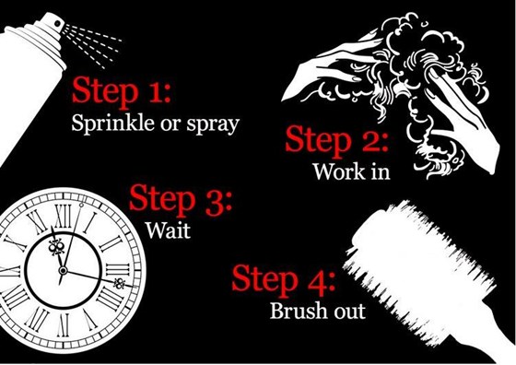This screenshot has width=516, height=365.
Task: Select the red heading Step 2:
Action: (336, 141)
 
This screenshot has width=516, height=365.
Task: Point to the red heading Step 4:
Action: (284, 280)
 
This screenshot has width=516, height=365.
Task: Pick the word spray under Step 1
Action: (213, 125)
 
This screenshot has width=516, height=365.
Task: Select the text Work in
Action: (351, 171)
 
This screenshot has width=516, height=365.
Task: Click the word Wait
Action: (168, 230)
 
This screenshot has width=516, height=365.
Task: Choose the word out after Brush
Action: (350, 312)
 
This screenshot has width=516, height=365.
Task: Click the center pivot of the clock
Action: (63, 271)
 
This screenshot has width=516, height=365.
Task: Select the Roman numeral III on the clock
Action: (118, 270)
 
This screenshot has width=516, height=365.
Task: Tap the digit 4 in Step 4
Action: (317, 281)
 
